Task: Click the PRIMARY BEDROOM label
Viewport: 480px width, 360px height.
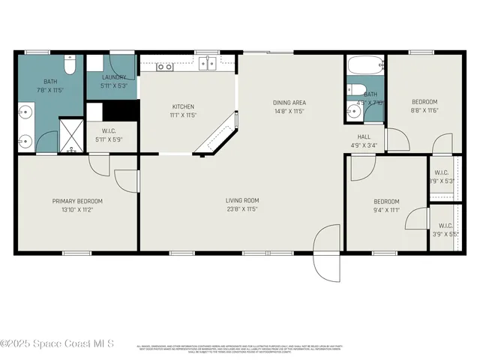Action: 77,201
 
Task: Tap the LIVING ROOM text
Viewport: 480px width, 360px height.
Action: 242,200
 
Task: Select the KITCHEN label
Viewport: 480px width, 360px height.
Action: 183,106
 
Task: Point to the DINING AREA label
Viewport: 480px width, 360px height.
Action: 289,102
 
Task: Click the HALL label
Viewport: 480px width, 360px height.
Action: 364,136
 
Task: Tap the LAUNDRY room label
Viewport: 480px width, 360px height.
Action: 115,76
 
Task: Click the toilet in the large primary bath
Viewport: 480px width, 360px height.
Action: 69,67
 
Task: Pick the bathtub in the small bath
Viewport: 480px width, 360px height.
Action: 365,67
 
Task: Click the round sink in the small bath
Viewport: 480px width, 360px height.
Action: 353,112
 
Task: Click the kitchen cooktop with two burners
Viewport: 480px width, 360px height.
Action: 165,67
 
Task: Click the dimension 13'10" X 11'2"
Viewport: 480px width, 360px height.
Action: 77,210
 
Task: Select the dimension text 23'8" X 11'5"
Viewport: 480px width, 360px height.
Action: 242,209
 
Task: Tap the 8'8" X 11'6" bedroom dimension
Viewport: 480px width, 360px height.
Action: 424,110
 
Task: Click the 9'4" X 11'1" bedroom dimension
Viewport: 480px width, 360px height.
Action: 386,210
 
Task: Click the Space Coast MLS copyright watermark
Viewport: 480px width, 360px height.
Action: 57,344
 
